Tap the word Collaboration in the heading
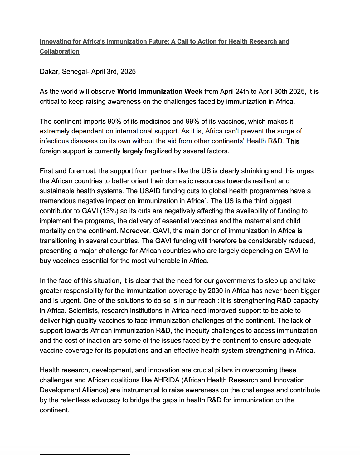click(x=59, y=51)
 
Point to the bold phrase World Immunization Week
click(x=160, y=92)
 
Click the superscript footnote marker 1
click(x=206, y=199)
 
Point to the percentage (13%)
click(x=109, y=211)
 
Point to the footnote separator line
click(x=85, y=454)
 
